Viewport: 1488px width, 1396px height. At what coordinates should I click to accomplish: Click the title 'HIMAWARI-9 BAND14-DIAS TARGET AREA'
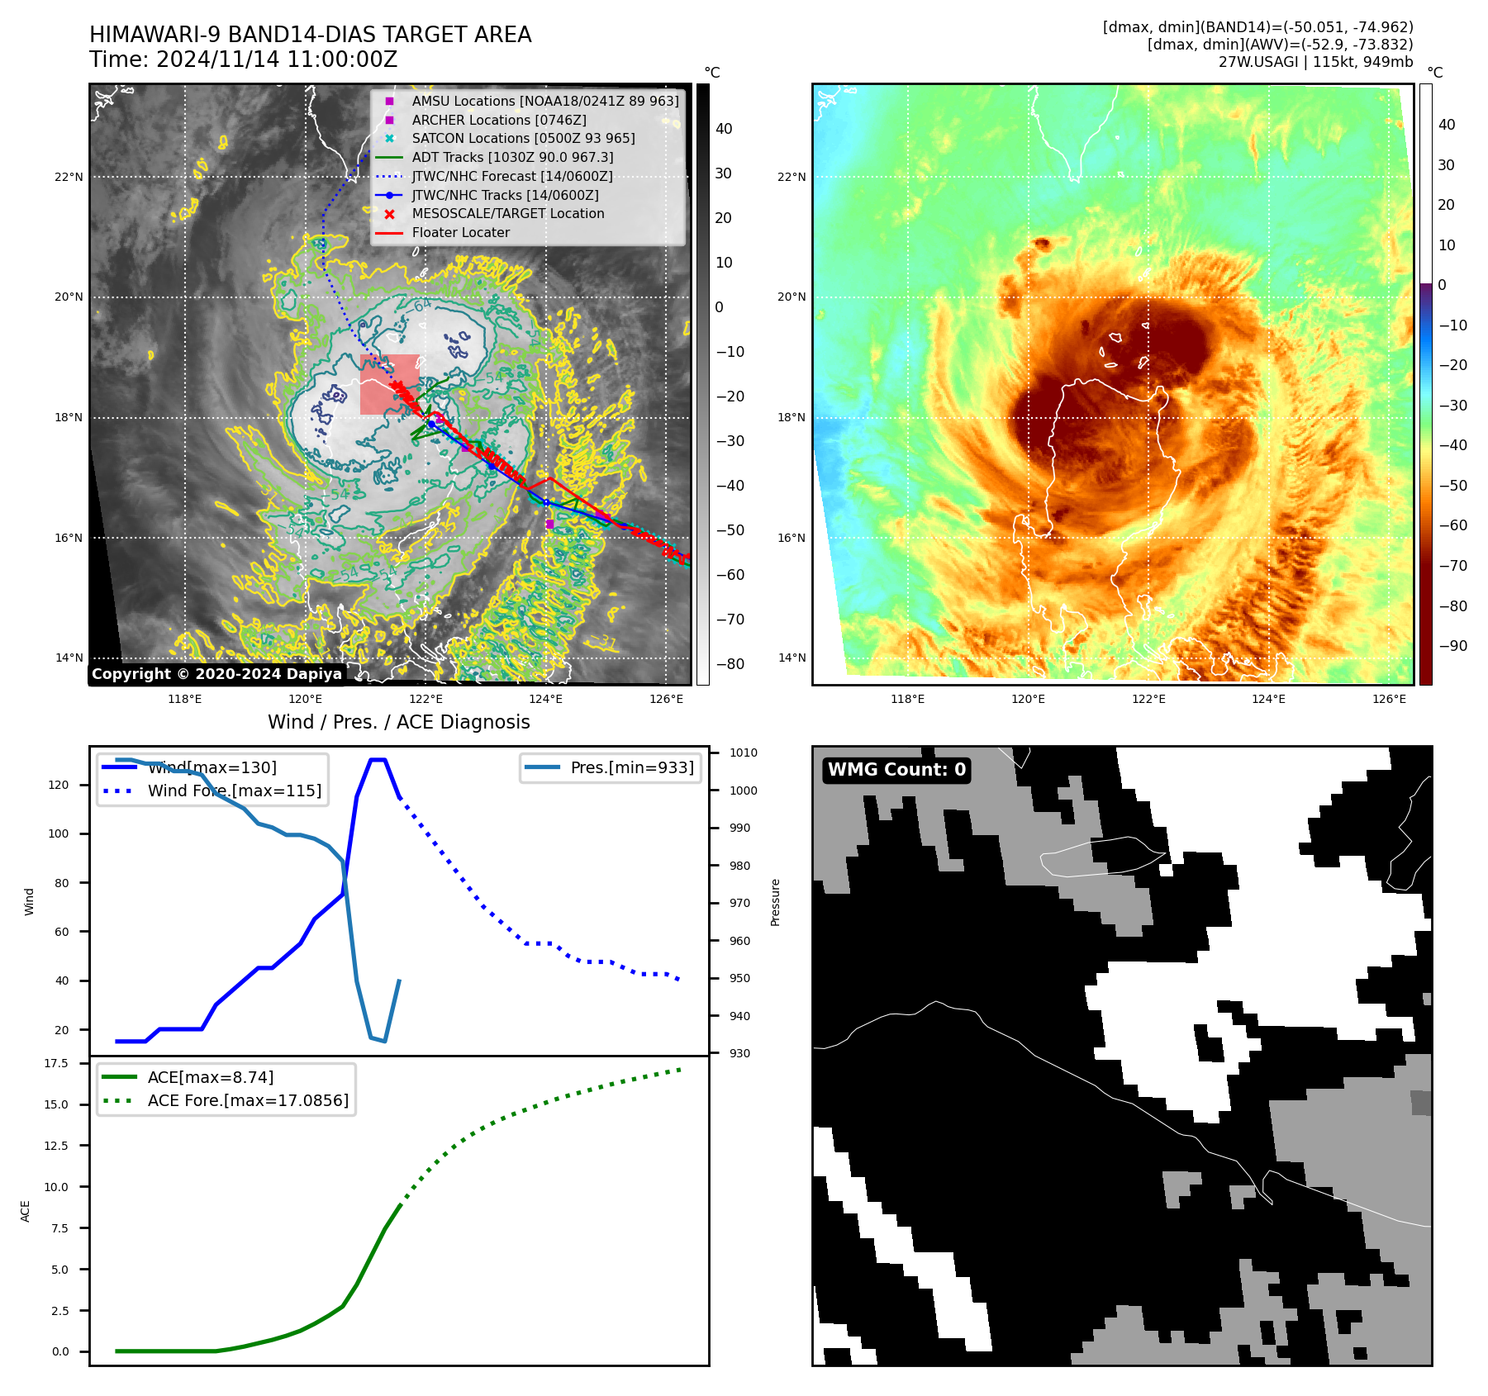pos(310,35)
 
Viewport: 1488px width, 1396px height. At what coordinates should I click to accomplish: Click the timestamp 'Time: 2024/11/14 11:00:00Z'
pos(243,59)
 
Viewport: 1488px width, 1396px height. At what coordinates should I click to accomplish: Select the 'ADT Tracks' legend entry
pos(512,157)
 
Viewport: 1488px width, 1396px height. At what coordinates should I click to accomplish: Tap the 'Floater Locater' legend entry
pos(460,232)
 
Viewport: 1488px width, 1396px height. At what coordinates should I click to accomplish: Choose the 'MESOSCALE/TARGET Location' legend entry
pos(507,213)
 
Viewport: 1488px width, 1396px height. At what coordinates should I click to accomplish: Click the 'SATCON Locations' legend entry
pos(523,138)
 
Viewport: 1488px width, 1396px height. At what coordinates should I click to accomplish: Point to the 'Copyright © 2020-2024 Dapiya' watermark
pos(216,674)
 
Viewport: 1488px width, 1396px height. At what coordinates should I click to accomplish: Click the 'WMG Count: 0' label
pos(896,770)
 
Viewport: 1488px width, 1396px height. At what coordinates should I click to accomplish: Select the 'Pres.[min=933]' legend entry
pos(631,767)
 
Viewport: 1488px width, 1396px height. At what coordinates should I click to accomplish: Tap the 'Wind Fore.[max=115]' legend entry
pos(234,791)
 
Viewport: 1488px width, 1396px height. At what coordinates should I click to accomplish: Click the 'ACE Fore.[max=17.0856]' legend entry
pos(247,1100)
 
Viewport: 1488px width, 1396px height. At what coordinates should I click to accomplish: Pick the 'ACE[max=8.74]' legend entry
pos(210,1077)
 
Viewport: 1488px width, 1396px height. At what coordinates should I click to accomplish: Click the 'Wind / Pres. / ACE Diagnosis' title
pos(398,722)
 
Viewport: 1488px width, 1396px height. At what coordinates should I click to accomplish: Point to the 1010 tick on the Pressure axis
pos(743,753)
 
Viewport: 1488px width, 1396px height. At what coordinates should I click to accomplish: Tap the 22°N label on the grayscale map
pos(69,177)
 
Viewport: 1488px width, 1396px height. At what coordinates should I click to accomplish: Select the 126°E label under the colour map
pos(1389,699)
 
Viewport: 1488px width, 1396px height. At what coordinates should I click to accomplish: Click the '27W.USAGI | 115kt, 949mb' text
pos(1315,62)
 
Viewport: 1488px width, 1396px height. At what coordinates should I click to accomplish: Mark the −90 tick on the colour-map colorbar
pos(1452,646)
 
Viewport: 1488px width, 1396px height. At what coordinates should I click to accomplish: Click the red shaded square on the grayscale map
pos(389,384)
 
